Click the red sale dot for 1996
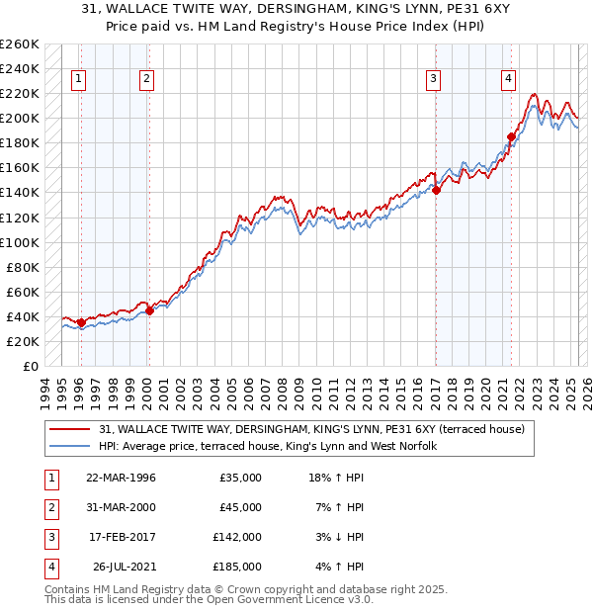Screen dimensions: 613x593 click(x=81, y=322)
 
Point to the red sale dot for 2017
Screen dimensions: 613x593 click(x=436, y=191)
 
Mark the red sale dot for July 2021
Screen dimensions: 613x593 click(x=511, y=137)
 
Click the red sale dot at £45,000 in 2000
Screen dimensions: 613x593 click(x=149, y=310)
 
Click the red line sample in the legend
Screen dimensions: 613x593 click(x=70, y=429)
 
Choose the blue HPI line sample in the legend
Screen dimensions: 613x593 click(x=70, y=447)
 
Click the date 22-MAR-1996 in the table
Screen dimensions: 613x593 click(x=121, y=479)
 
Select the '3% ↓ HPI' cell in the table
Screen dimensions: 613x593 click(x=336, y=538)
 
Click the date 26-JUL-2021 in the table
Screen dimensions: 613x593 click(x=121, y=568)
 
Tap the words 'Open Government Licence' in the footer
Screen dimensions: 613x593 click(x=287, y=600)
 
